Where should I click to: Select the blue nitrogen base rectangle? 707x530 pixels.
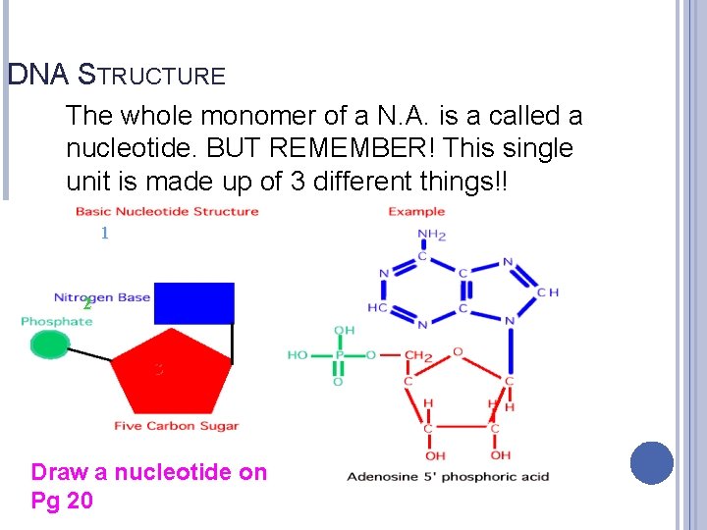[x=194, y=302]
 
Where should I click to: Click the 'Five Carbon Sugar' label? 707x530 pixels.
[x=177, y=426]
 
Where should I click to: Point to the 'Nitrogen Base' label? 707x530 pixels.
[x=102, y=296]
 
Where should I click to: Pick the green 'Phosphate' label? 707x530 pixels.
[x=57, y=321]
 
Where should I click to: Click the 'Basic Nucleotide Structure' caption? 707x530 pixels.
[x=167, y=211]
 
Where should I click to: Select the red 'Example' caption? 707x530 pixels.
[x=416, y=211]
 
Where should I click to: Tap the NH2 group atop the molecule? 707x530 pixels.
[x=432, y=235]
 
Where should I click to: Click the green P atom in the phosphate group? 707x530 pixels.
[x=338, y=355]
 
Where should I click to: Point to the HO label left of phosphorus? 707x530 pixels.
[x=298, y=355]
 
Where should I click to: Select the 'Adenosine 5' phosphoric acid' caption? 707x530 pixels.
[x=448, y=477]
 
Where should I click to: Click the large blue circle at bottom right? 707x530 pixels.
[x=652, y=463]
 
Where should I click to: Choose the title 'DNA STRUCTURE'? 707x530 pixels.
[x=116, y=75]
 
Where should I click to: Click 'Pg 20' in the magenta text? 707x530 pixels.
[x=62, y=501]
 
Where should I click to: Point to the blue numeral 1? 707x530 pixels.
[x=103, y=234]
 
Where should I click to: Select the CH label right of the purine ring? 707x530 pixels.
[x=549, y=292]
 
